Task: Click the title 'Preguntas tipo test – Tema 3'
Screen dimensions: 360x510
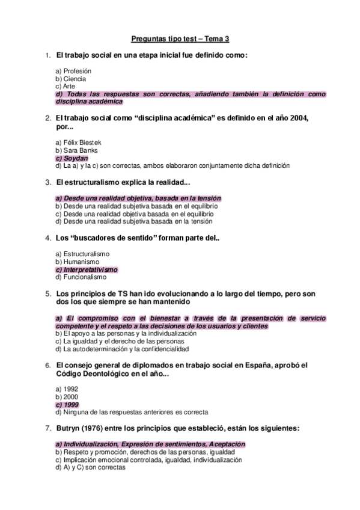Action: pyautogui.click(x=180, y=39)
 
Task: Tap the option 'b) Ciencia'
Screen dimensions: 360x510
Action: pyautogui.click(x=70, y=79)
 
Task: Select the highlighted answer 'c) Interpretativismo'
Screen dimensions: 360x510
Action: pyautogui.click(x=87, y=270)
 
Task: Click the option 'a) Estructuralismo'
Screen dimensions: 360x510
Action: pyautogui.click(x=82, y=254)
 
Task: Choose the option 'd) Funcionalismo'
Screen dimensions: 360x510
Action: pyautogui.click(x=81, y=277)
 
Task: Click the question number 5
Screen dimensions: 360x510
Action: pyautogui.click(x=48, y=293)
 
